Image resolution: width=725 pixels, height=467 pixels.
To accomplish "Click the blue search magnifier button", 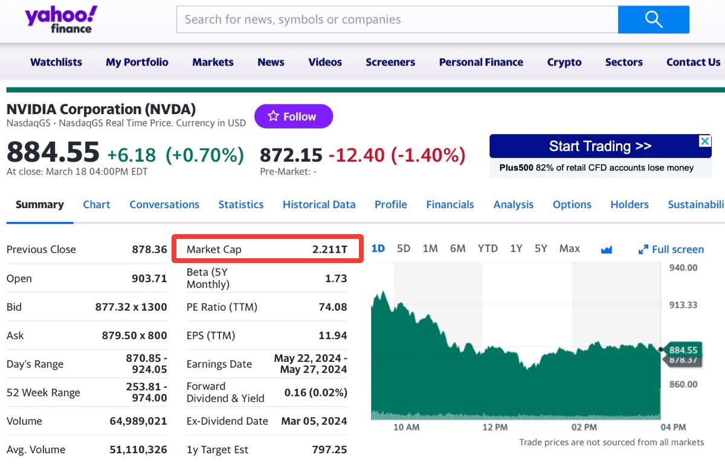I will point(653,19).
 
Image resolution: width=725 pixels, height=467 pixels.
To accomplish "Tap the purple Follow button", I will point(293,116).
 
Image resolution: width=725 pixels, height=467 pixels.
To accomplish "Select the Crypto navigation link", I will point(564,62).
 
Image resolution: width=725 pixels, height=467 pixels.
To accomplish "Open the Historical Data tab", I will point(319,205).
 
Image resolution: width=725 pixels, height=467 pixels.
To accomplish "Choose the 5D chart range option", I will point(404,249).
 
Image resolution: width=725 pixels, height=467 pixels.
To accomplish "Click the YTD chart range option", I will point(488,249).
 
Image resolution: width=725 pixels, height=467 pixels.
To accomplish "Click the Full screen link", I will point(671,249).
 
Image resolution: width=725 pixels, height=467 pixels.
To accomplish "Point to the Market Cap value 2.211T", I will point(330,249).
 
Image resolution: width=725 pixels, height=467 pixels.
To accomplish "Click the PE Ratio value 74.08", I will point(333,307).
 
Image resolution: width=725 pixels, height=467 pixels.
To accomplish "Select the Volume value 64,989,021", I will point(138,421).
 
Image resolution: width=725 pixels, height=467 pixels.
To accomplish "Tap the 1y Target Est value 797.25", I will point(330,450).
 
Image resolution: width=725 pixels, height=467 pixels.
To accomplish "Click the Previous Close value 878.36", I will point(149,249).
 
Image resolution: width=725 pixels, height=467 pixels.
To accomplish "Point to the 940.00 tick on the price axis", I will point(683,268).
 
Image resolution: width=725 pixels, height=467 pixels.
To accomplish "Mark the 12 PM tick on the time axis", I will point(495,427).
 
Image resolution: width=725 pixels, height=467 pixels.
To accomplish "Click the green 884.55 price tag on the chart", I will point(683,349).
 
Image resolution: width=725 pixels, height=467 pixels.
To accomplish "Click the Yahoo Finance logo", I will point(60,20).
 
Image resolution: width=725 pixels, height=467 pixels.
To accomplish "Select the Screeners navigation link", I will point(390,62).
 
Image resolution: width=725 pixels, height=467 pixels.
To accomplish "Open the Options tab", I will point(572,205).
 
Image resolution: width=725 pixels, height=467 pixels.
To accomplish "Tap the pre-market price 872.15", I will point(291,155).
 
